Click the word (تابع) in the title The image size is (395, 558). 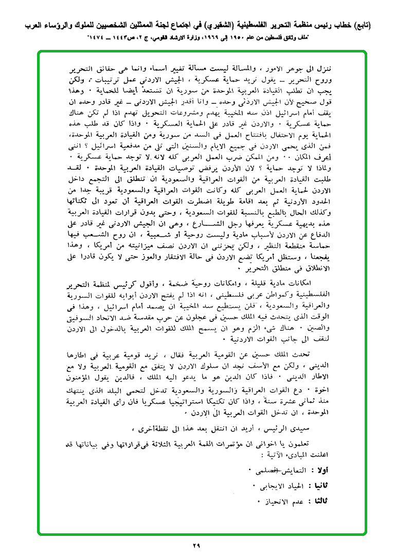click(x=377, y=24)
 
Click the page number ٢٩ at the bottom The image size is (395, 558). click(x=197, y=546)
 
